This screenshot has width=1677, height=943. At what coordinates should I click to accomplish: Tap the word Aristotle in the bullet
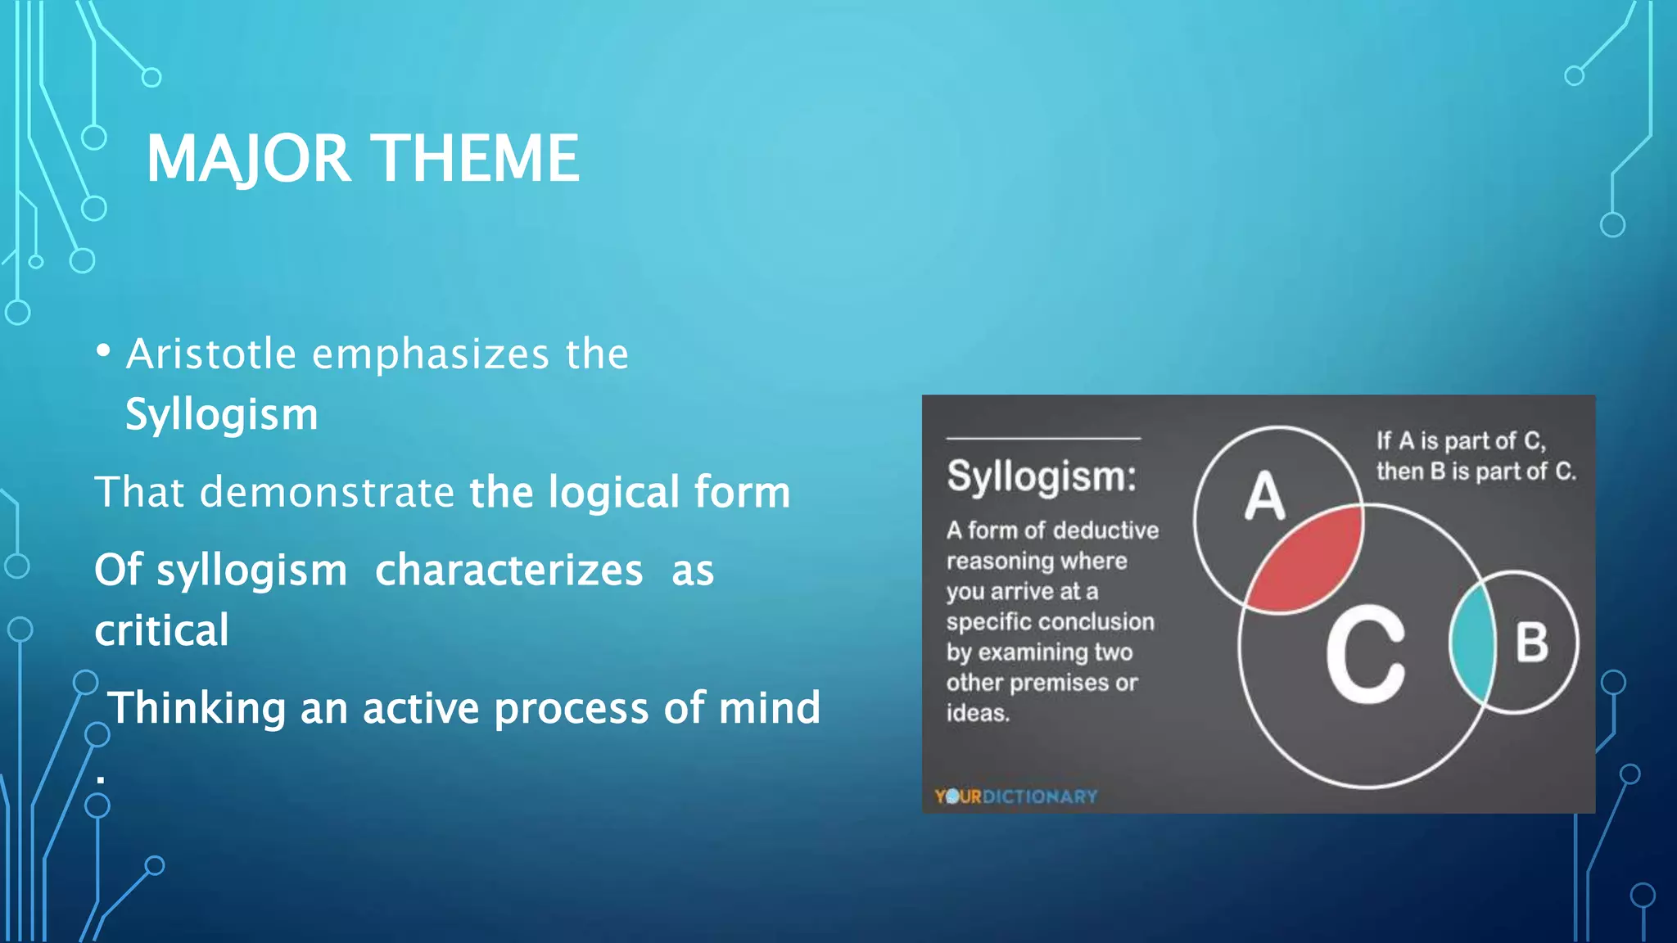pyautogui.click(x=211, y=354)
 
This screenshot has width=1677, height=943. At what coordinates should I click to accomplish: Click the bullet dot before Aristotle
pyautogui.click(x=103, y=351)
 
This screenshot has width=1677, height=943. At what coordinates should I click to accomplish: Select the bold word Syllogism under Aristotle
pyautogui.click(x=221, y=415)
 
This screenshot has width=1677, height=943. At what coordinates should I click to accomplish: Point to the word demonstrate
pyautogui.click(x=327, y=492)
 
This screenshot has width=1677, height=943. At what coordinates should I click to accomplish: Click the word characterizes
pyautogui.click(x=509, y=570)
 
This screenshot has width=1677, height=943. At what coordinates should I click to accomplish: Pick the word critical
pyautogui.click(x=161, y=630)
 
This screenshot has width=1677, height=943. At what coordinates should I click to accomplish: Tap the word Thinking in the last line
pyautogui.click(x=197, y=708)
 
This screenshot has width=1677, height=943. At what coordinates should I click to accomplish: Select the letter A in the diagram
pyautogui.click(x=1265, y=496)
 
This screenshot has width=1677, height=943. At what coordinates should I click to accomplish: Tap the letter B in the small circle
pyautogui.click(x=1531, y=643)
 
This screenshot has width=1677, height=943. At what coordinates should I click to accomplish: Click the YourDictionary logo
pyautogui.click(x=1015, y=796)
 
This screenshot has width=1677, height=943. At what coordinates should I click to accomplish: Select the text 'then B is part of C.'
pyautogui.click(x=1476, y=471)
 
